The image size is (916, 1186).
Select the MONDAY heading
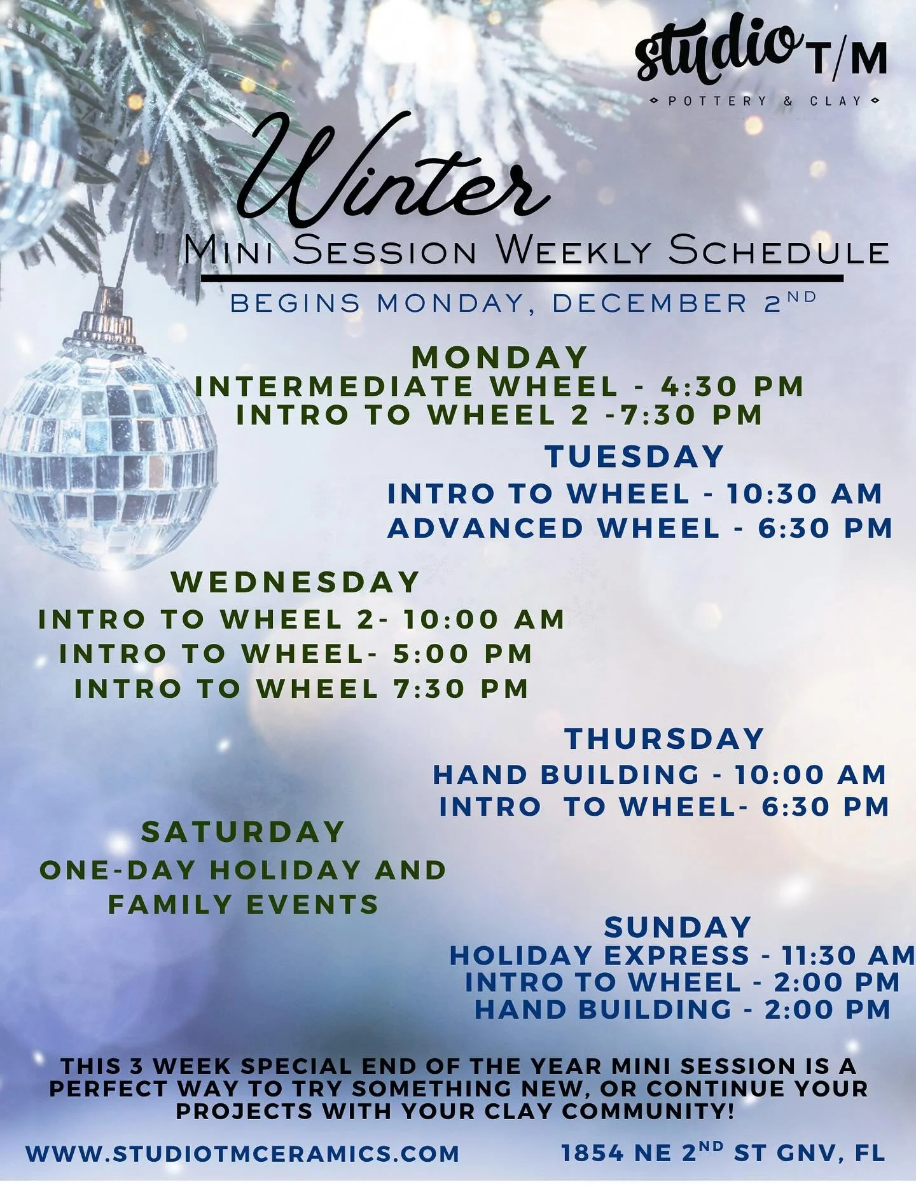pos(499,358)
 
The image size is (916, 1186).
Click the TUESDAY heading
pos(634,457)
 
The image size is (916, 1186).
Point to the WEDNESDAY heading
pos(295,582)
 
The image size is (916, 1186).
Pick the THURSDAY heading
pos(664,739)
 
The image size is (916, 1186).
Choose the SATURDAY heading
pos(243,832)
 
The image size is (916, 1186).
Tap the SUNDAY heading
pos(678,928)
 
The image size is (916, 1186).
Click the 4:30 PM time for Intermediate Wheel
pos(732,386)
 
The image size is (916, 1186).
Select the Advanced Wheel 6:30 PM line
pos(640,529)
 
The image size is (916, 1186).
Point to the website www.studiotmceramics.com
pos(242,1154)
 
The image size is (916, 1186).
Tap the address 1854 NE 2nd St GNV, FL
pos(723,1152)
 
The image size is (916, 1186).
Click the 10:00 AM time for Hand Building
pos(810,775)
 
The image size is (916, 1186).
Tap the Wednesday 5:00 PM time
pos(462,654)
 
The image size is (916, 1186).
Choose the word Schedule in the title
pos(779,252)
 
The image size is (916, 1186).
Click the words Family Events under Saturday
pos(243,904)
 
